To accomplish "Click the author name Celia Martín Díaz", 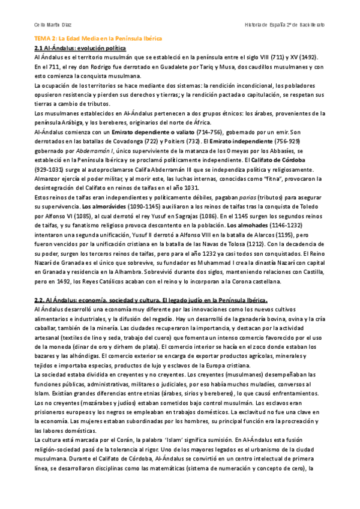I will click(49, 25).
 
